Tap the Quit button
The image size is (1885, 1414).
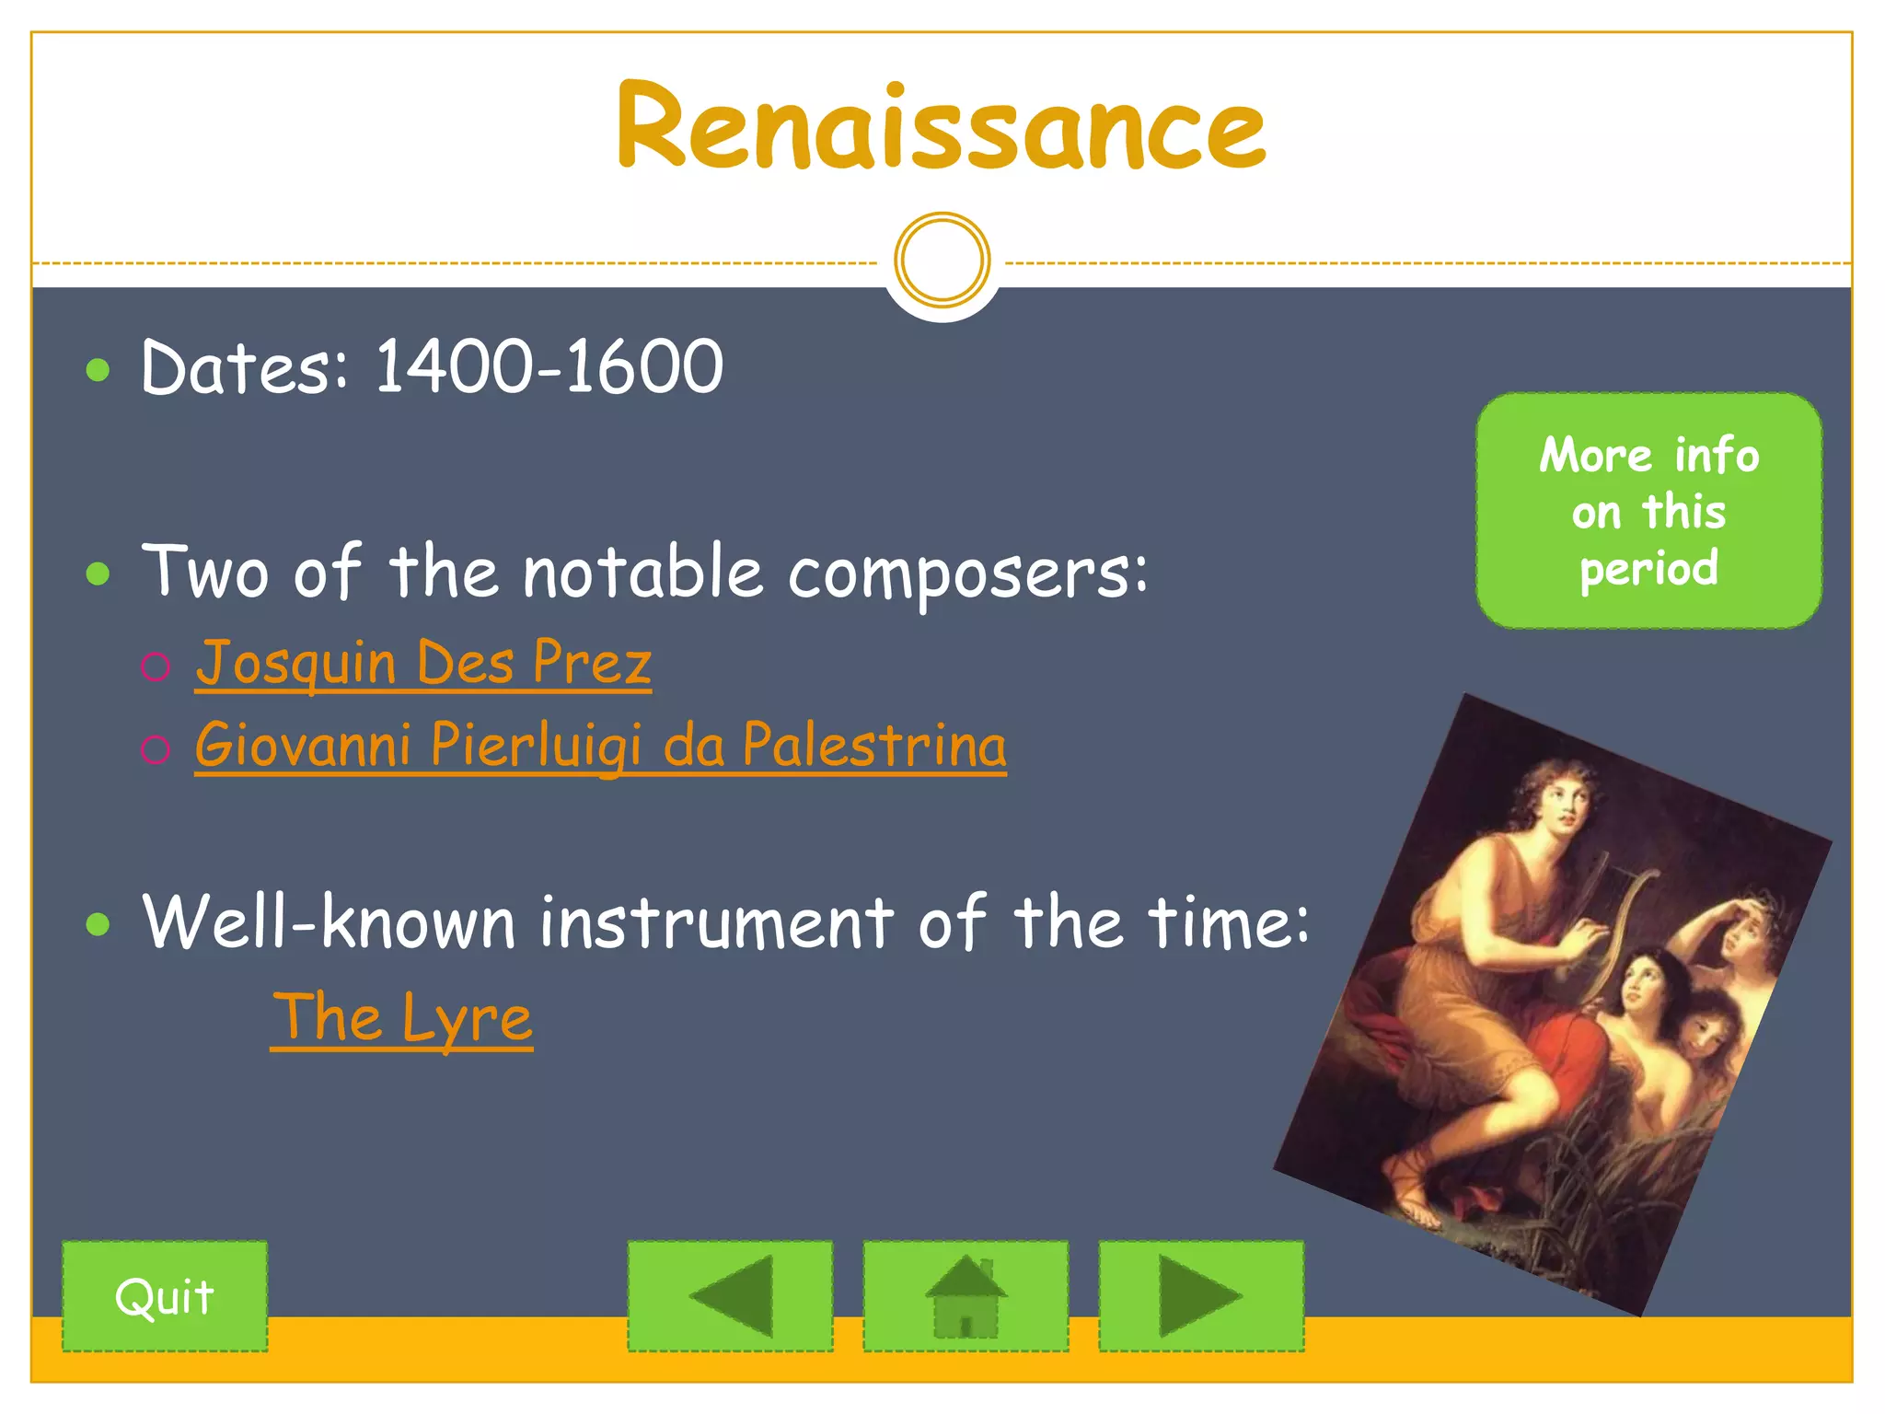[165, 1296]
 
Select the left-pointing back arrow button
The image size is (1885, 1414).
[730, 1296]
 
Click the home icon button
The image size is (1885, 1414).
[966, 1296]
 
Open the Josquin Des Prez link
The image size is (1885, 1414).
[423, 663]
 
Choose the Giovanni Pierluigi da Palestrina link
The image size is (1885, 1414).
[600, 745]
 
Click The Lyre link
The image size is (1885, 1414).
[402, 1017]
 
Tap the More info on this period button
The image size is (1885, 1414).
[1648, 511]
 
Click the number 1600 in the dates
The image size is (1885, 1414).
[643, 367]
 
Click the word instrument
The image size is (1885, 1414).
[716, 922]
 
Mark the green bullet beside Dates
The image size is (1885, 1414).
[98, 370]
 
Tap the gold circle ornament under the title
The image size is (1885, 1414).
[942, 260]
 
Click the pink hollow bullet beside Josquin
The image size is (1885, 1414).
[156, 666]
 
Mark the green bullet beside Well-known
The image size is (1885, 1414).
[98, 923]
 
